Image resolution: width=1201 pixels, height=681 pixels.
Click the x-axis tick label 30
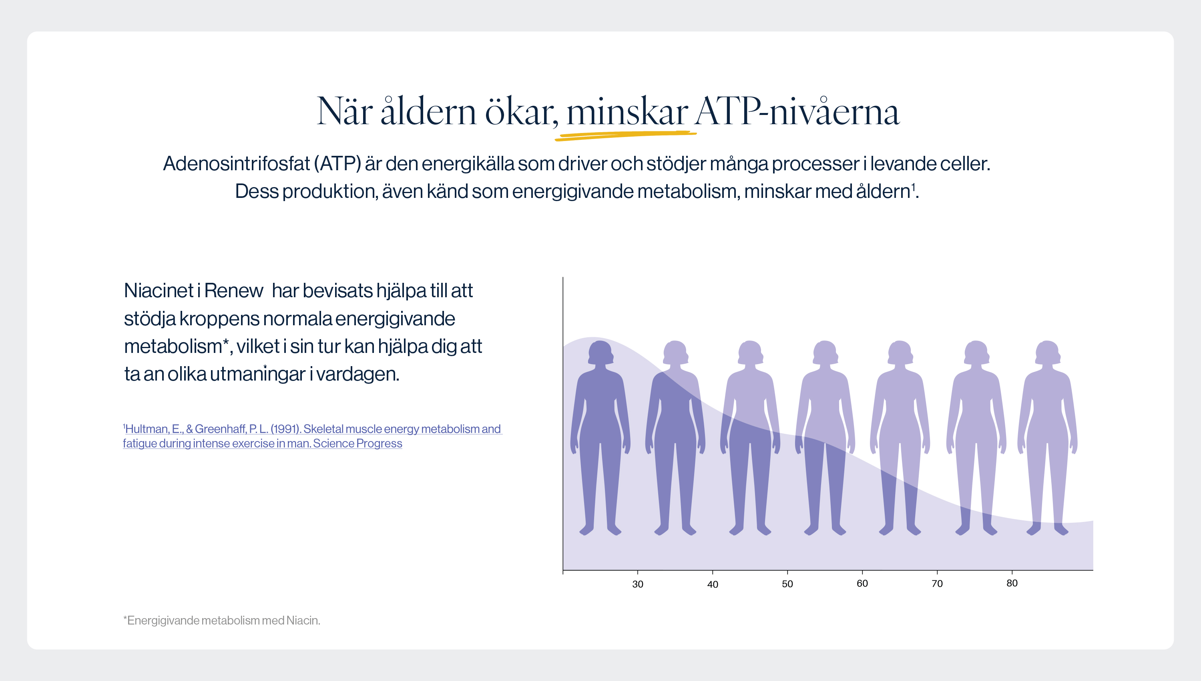[x=637, y=584]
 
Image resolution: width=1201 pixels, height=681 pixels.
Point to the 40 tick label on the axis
[x=712, y=584]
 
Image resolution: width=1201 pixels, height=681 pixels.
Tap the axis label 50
[x=787, y=584]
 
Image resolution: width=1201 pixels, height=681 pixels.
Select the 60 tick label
[x=862, y=583]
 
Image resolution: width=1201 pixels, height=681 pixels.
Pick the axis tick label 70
[x=936, y=583]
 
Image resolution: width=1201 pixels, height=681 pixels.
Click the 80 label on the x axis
[x=1011, y=583]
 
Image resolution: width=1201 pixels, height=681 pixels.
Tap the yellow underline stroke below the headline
[x=625, y=135]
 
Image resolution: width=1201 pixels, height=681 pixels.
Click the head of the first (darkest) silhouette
[x=600, y=352]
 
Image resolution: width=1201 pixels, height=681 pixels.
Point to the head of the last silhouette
[x=1047, y=352]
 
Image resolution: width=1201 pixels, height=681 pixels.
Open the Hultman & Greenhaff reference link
[x=312, y=436]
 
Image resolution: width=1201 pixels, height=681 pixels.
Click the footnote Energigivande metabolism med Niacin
[x=221, y=620]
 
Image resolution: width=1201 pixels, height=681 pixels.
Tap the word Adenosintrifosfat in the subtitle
[x=237, y=163]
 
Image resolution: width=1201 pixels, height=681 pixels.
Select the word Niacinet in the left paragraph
[x=159, y=290]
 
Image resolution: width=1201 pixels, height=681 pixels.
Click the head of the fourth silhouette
[x=824, y=352]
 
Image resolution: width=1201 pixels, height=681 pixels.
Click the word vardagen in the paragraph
[x=358, y=374]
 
